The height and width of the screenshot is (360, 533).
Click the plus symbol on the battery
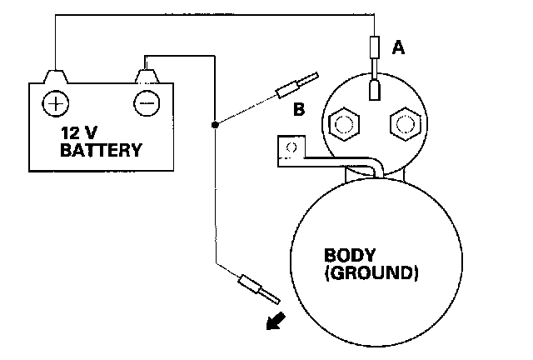(56, 103)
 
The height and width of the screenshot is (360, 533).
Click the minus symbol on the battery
(147, 103)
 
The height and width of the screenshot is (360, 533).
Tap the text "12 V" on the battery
(79, 133)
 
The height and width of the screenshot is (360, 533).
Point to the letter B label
(298, 107)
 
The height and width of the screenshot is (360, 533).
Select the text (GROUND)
(371, 272)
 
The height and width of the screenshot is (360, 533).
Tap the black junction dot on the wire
(215, 125)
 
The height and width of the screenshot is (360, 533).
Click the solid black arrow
(271, 321)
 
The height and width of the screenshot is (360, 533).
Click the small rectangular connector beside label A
(374, 47)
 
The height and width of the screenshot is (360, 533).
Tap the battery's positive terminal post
(55, 77)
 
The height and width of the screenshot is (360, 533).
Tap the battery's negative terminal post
(147, 77)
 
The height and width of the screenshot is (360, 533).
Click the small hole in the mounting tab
(291, 147)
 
